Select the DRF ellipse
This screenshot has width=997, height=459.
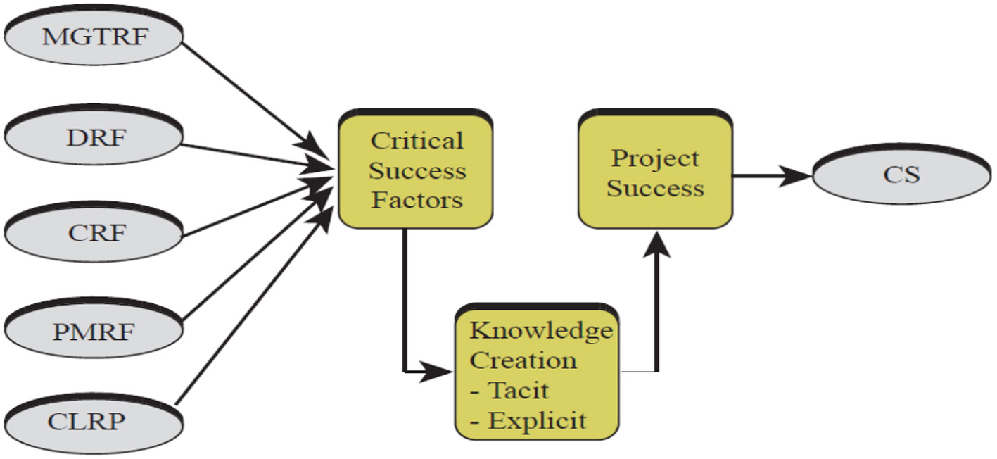click(x=95, y=137)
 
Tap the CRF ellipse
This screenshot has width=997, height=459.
click(x=95, y=233)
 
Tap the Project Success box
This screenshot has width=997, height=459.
click(x=655, y=172)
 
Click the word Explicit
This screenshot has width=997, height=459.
click(x=536, y=421)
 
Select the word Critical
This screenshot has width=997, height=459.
click(x=417, y=141)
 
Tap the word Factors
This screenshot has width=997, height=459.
click(x=417, y=201)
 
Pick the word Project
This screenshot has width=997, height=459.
click(x=654, y=158)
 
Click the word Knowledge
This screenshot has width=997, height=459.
click(x=541, y=331)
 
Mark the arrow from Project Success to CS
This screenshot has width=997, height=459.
click(x=770, y=175)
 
